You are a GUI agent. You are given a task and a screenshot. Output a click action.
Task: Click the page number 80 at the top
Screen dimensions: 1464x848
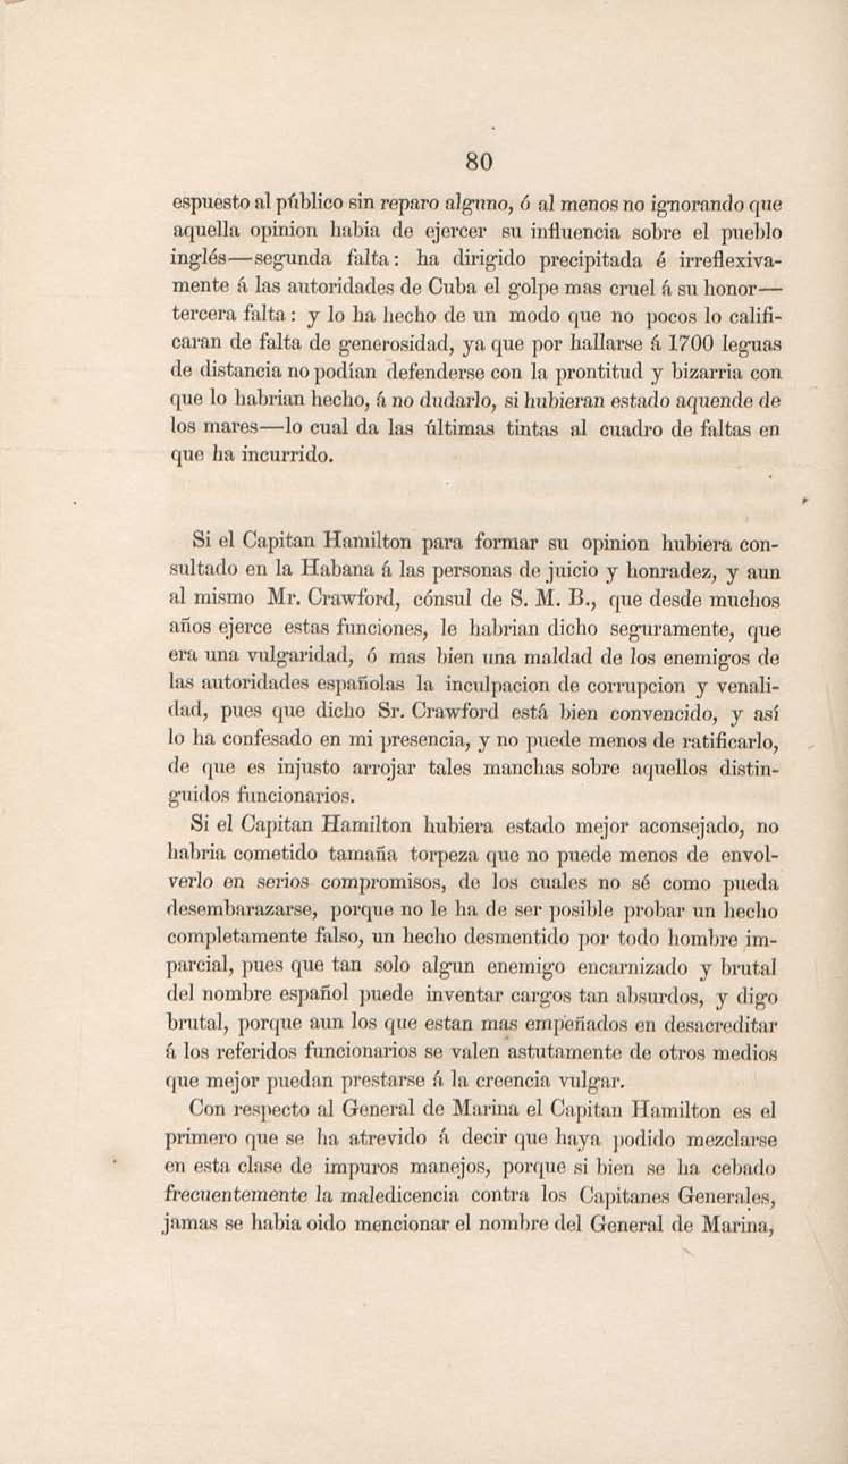pos(480,162)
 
